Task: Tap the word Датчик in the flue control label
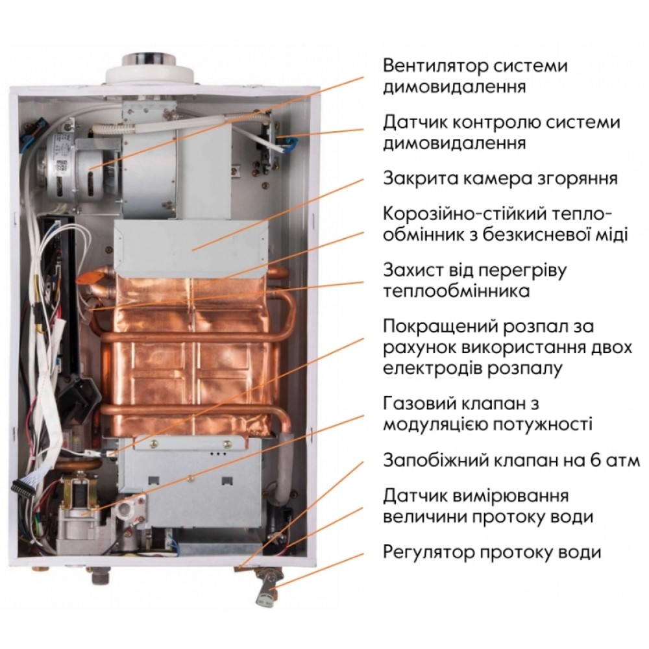pyautogui.click(x=413, y=123)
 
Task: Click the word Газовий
pyautogui.click(x=418, y=404)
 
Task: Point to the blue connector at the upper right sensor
pyautogui.click(x=289, y=142)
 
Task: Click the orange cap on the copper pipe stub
pyautogui.click(x=86, y=277)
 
